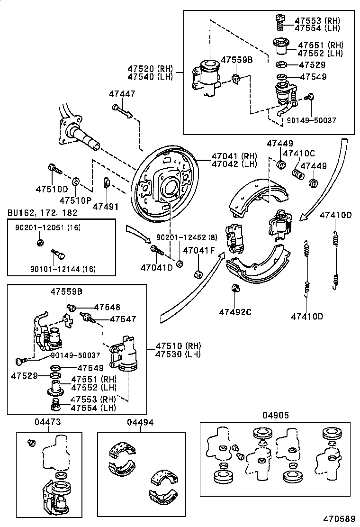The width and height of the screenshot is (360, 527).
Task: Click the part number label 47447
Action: click(x=122, y=94)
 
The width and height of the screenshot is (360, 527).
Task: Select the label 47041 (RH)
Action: click(x=234, y=156)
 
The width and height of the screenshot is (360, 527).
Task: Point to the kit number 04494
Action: click(x=140, y=422)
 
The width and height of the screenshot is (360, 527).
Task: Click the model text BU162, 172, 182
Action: click(x=43, y=213)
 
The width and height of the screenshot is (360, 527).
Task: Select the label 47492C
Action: click(x=235, y=312)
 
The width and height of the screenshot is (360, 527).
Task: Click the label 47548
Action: click(x=107, y=307)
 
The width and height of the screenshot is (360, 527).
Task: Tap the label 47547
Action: click(x=123, y=319)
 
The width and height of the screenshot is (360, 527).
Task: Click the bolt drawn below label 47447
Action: click(x=123, y=112)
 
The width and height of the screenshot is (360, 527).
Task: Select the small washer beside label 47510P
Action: click(x=76, y=181)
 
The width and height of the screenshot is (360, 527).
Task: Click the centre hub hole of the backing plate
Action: click(x=169, y=186)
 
